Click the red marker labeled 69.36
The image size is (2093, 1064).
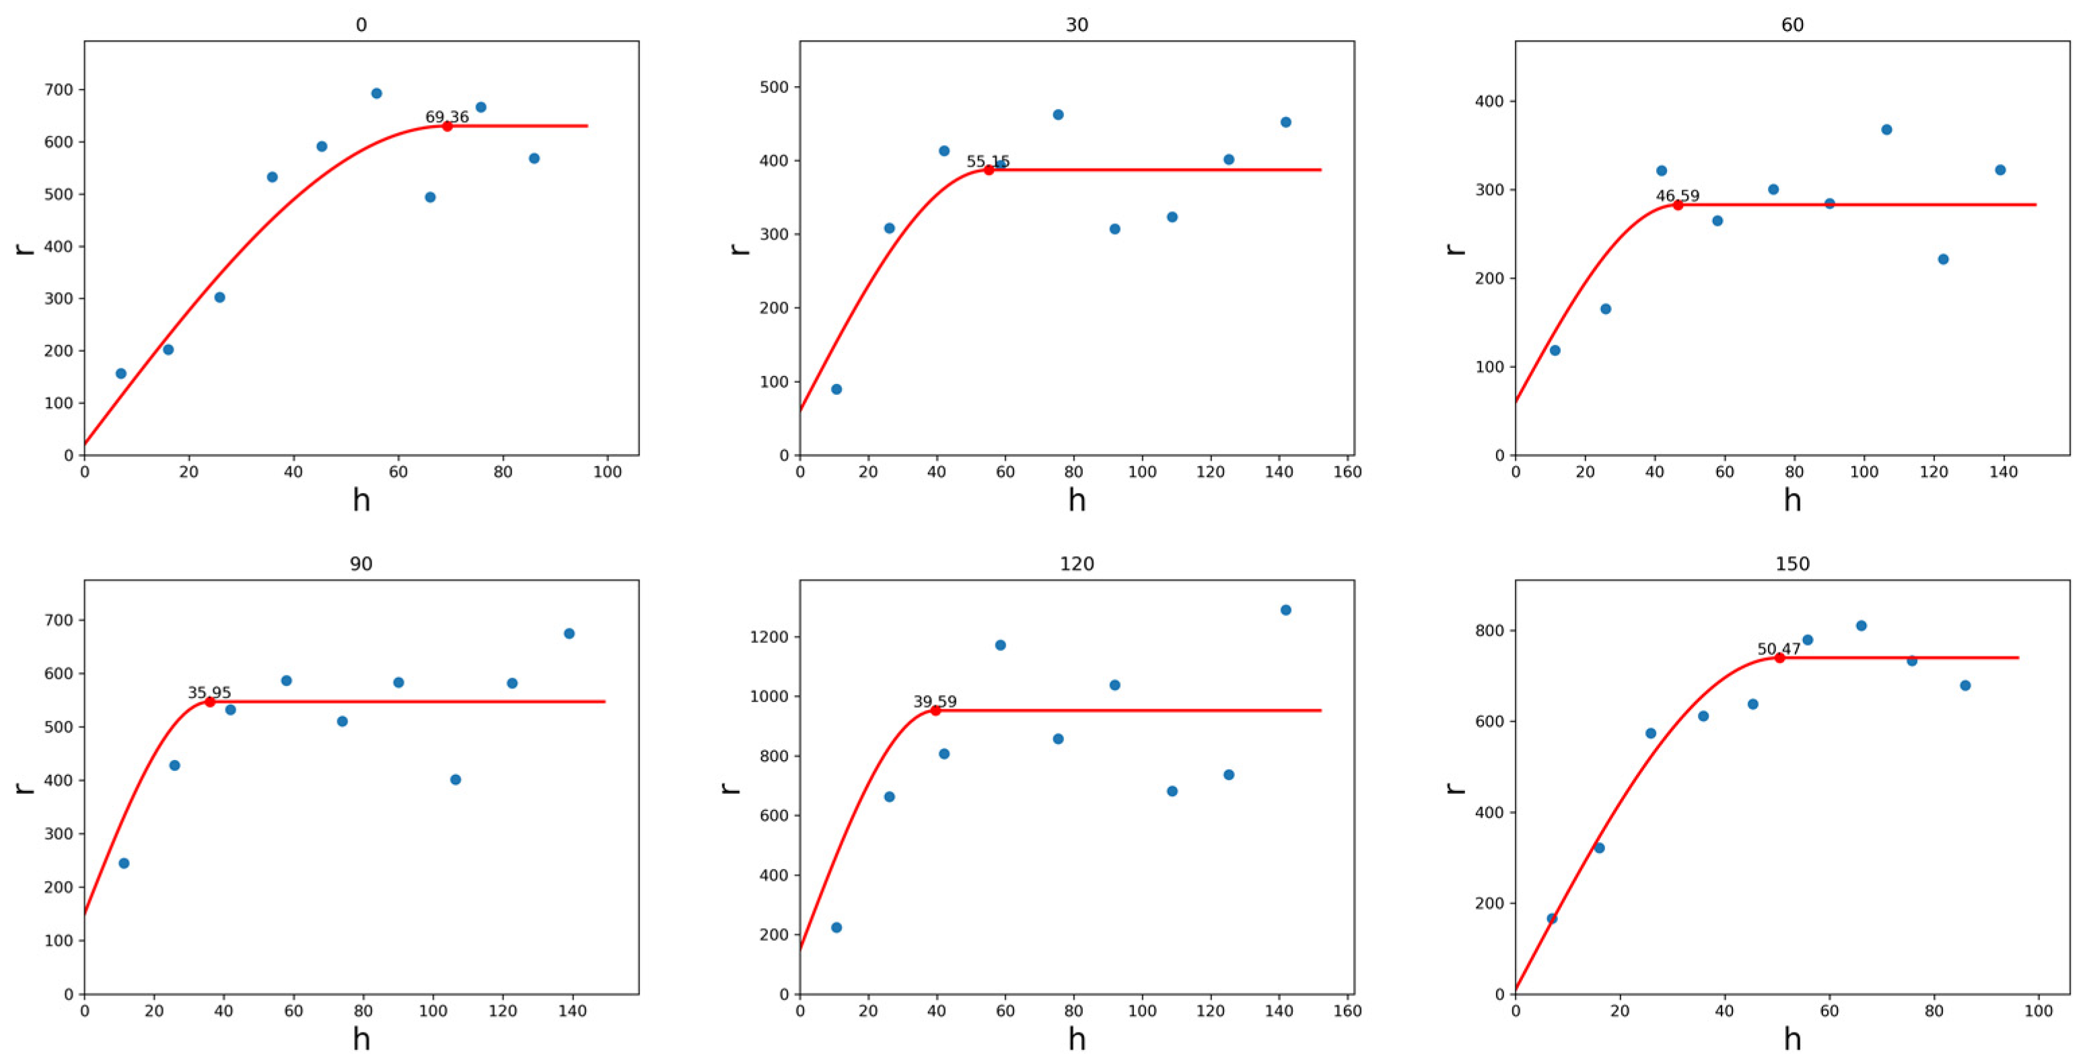pyautogui.click(x=447, y=126)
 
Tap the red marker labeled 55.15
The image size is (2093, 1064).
pyautogui.click(x=989, y=169)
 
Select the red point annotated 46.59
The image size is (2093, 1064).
pyautogui.click(x=1678, y=204)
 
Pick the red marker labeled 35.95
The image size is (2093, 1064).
pyautogui.click(x=209, y=701)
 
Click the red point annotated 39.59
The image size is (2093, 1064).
pyautogui.click(x=935, y=711)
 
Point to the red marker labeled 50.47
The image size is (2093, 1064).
pyautogui.click(x=1779, y=658)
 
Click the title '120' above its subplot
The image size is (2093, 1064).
pyautogui.click(x=1077, y=564)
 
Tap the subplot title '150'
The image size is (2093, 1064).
pyautogui.click(x=1792, y=564)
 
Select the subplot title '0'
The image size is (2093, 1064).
pyautogui.click(x=361, y=25)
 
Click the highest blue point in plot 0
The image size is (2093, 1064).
pyautogui.click(x=376, y=93)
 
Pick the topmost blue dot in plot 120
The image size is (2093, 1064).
pyautogui.click(x=1285, y=610)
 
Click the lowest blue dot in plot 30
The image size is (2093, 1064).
pyautogui.click(x=836, y=389)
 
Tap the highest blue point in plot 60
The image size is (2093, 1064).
pyautogui.click(x=1886, y=129)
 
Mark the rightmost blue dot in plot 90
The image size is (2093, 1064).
pyautogui.click(x=569, y=634)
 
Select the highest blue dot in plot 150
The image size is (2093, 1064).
pyautogui.click(x=1861, y=625)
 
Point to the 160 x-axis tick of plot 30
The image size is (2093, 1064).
pyautogui.click(x=1348, y=472)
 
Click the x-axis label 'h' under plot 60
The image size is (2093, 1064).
pyautogui.click(x=1792, y=500)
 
